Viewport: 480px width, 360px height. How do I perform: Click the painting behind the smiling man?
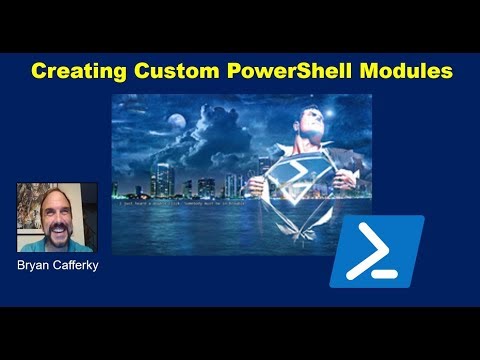coord(28,205)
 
